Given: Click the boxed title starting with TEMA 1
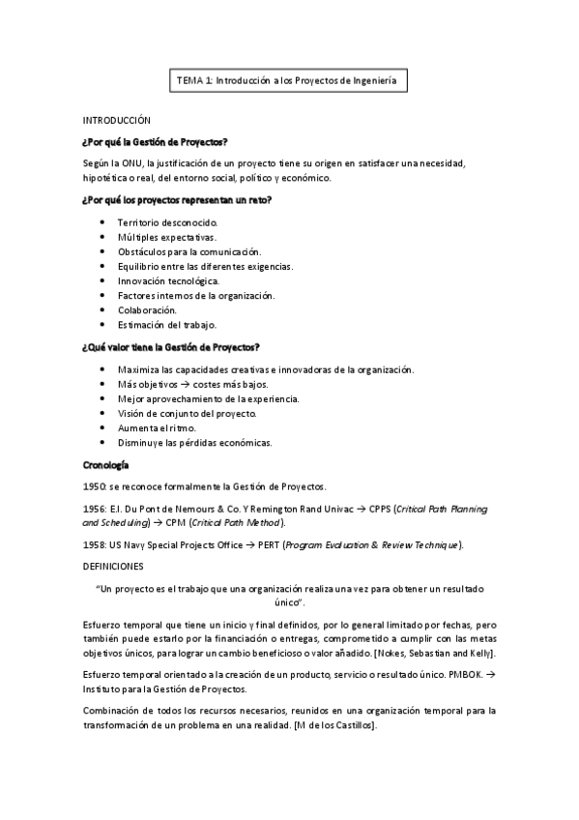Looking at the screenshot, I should pos(288,82).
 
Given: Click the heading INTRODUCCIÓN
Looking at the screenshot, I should pos(117,121).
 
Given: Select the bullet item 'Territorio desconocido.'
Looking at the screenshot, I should pos(159,222).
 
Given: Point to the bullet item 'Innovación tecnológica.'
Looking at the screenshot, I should pos(161,280).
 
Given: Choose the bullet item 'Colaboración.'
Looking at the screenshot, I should pos(147,309).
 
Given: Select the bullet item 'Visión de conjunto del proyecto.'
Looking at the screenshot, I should pos(187,413).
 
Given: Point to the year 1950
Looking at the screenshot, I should pos(96,485).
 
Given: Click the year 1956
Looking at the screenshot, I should pos(96,508).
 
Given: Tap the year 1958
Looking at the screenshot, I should pos(96,544).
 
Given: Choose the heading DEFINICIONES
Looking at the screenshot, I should pos(113,565).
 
